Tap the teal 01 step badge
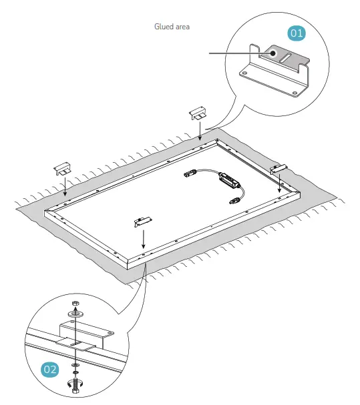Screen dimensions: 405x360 (296, 32)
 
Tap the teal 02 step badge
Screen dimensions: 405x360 (50, 368)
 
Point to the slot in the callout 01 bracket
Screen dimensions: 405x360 (292, 61)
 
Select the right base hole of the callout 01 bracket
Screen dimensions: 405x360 (295, 85)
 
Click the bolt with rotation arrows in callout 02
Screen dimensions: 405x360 (75, 386)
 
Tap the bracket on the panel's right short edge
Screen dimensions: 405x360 (278, 169)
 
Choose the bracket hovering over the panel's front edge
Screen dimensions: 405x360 (142, 220)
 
